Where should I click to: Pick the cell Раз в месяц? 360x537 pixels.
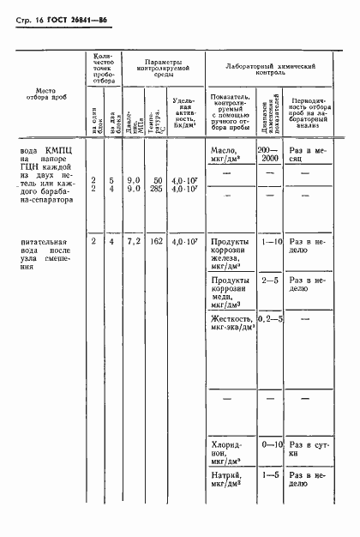pos(307,154)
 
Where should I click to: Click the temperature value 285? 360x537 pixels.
pos(157,189)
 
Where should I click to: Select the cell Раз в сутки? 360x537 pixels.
pos(307,450)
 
